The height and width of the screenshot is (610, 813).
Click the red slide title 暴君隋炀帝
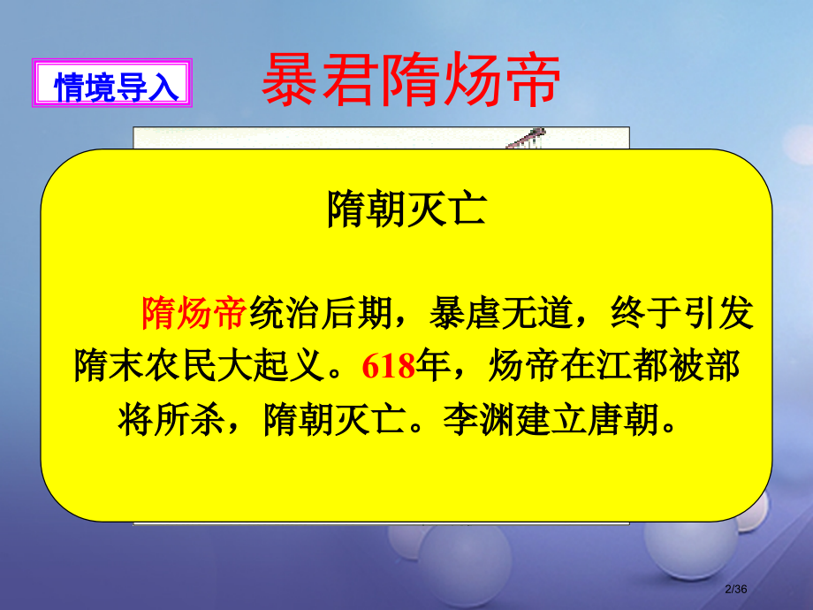point(410,78)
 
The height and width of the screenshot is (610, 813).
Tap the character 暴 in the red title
point(292,78)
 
